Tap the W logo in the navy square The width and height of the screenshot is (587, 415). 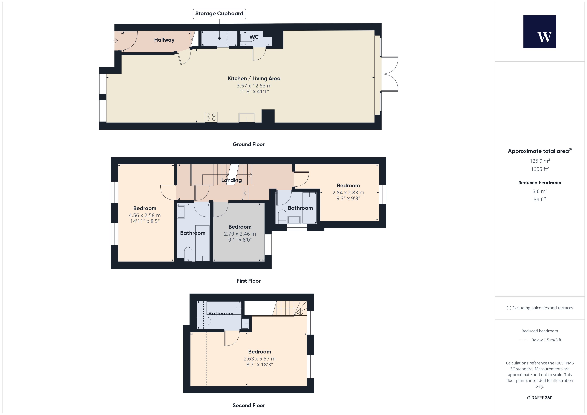point(545,37)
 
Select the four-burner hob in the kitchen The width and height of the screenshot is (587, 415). point(211,117)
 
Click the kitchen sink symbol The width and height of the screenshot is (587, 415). point(247,118)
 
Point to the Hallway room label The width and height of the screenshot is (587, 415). point(164,40)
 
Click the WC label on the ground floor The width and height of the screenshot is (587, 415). point(254,37)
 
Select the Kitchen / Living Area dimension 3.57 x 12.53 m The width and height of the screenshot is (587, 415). point(254,86)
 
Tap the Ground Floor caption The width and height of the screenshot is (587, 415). point(249,144)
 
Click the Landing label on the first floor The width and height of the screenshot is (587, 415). point(231,180)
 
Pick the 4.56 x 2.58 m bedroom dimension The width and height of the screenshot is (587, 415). point(145,215)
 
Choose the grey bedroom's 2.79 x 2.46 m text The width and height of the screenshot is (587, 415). point(240,234)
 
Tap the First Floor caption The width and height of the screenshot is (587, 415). point(249,281)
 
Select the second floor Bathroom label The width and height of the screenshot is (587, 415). point(221,314)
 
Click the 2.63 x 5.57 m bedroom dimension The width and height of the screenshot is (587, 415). point(260,359)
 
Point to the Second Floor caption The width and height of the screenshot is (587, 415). point(249,405)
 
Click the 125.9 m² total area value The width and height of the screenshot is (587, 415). point(540,161)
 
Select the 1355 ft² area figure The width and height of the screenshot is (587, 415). point(540,169)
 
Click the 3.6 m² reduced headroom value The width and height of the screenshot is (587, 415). point(540,191)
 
